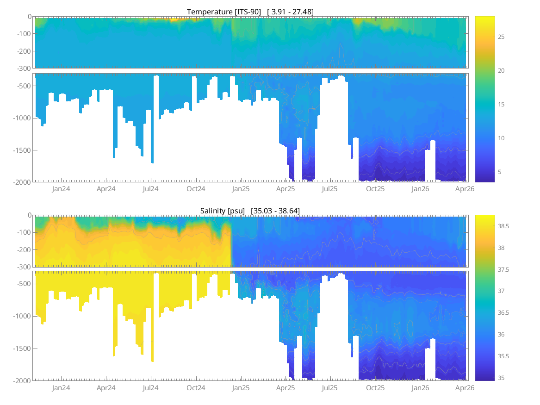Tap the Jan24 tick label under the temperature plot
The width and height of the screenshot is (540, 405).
point(61,189)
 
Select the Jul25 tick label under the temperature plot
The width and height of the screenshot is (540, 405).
point(329,189)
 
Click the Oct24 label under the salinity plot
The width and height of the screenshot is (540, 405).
point(196,387)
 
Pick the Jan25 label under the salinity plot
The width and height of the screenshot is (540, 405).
point(241,387)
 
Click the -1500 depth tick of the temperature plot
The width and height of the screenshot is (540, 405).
point(23,150)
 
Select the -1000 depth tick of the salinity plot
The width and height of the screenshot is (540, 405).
point(23,316)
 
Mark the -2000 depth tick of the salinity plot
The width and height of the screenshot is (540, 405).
point(23,380)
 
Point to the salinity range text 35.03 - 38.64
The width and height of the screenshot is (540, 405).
point(275,211)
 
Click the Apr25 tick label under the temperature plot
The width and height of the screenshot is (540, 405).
point(286,189)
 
